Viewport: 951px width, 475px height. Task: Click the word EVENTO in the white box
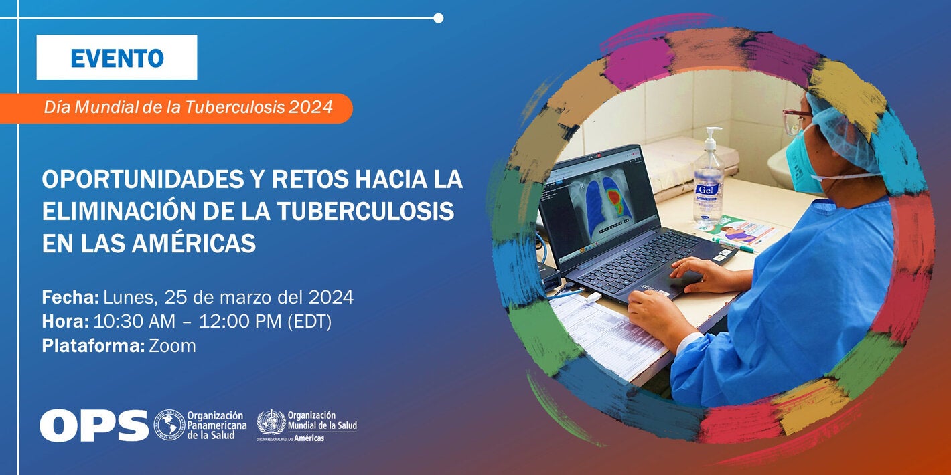tap(117, 58)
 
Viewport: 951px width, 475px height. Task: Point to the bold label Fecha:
tap(70, 297)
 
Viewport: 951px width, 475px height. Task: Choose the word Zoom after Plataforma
tap(172, 346)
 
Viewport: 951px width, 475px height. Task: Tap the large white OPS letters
tap(94, 425)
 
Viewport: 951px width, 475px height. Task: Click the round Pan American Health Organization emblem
tap(169, 425)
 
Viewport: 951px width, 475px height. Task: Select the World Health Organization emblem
tap(271, 422)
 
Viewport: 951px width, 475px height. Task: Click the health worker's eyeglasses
tap(794, 120)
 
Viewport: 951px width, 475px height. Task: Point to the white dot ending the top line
tap(438, 18)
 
